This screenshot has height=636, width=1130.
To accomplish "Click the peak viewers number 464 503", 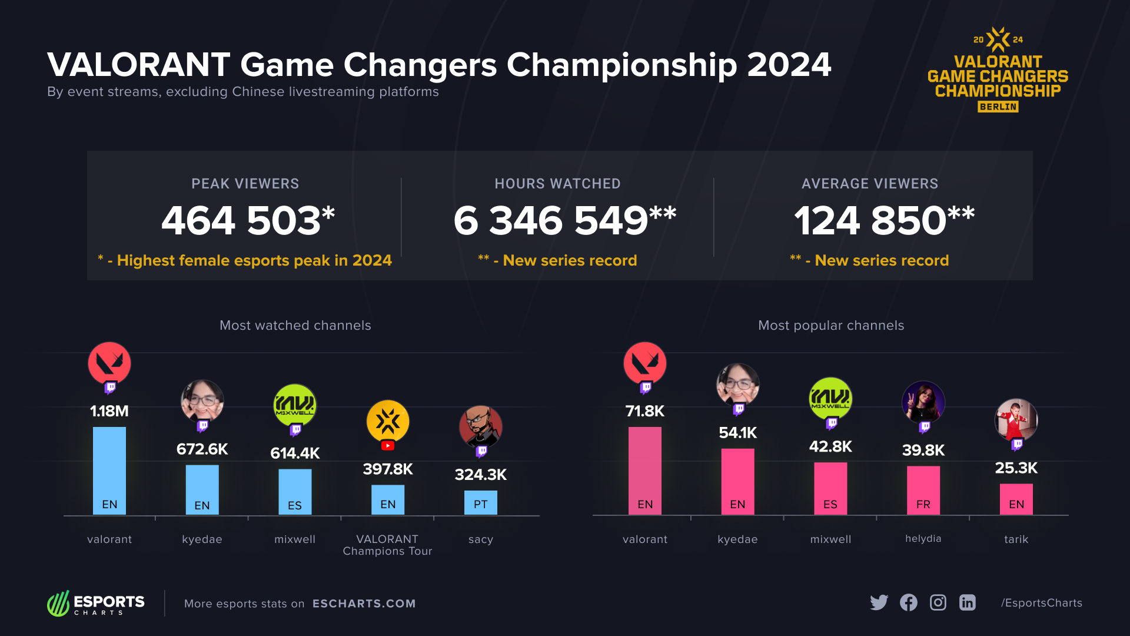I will tap(241, 221).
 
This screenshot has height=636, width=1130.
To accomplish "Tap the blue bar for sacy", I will tap(480, 502).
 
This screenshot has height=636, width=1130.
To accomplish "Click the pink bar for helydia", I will tap(923, 490).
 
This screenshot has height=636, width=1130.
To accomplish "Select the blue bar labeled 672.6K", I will tap(202, 489).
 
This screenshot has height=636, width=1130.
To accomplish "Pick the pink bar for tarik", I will tap(1016, 499).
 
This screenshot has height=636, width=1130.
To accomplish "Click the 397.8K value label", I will tap(388, 469).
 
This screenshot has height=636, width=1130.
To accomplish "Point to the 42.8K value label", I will tap(830, 446).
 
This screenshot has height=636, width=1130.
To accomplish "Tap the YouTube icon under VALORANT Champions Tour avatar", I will tap(388, 446).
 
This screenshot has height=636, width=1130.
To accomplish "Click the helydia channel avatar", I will tap(923, 402).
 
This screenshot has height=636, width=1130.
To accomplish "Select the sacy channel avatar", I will tap(480, 427).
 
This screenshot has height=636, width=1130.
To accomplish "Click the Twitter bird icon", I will tap(879, 602).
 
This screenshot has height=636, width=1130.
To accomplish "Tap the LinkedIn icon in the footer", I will tap(967, 602).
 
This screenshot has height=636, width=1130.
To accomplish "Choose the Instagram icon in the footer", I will tap(938, 602).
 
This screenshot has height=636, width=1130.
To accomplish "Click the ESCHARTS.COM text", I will tap(364, 604).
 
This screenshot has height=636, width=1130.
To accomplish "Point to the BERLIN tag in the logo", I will tap(998, 107).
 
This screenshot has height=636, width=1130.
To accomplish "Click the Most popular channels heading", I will tap(830, 325).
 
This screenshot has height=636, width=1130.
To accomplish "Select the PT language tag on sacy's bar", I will tap(480, 505).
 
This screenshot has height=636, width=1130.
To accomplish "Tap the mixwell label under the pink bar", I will tap(830, 539).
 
